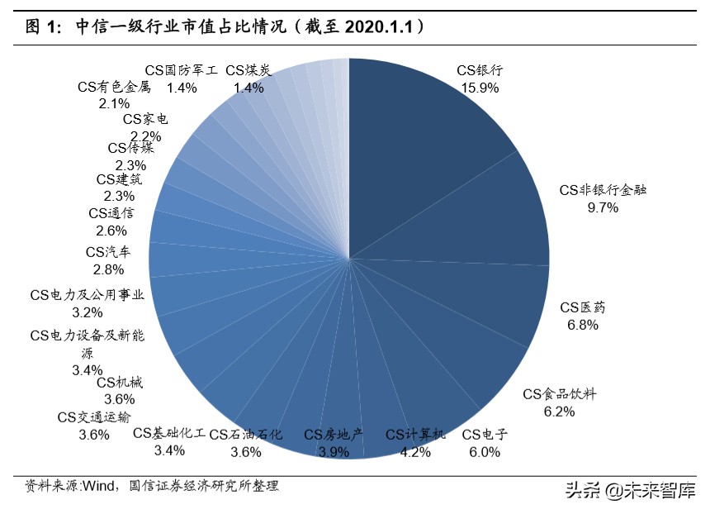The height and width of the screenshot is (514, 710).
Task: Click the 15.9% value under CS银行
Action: [480, 86]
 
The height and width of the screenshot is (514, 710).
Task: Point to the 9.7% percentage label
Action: [603, 207]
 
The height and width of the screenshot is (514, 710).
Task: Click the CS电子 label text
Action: [485, 435]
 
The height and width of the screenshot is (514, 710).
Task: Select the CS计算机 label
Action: [415, 434]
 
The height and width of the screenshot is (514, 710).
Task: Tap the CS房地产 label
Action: [334, 434]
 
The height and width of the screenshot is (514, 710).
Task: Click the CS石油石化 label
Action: [246, 434]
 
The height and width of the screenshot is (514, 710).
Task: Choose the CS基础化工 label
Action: [168, 433]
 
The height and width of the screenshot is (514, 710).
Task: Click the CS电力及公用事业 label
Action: [88, 294]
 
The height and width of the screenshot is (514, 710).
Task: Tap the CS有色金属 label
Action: [114, 86]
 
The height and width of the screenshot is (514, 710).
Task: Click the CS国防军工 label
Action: [181, 70]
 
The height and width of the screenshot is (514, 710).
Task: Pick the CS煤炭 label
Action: [248, 70]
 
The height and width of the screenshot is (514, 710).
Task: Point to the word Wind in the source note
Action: [97, 486]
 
